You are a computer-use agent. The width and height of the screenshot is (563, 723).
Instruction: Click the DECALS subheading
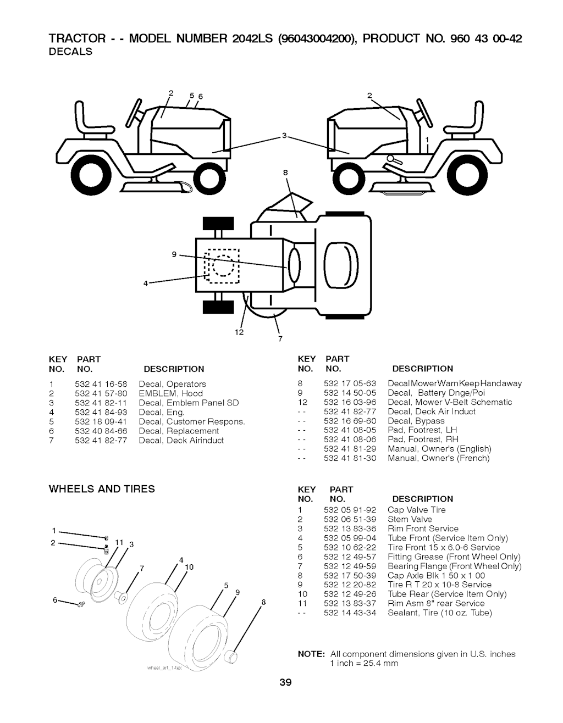(71, 52)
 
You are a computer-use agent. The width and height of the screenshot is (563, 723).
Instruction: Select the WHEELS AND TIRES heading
(102, 489)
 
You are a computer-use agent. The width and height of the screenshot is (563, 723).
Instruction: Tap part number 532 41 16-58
(101, 384)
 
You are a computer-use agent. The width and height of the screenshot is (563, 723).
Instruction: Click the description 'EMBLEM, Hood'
(171, 393)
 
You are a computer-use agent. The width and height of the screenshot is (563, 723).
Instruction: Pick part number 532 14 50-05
(350, 393)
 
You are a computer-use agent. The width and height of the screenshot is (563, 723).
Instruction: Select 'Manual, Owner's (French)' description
(438, 458)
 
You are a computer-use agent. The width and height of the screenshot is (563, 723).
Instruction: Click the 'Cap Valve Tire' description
(417, 510)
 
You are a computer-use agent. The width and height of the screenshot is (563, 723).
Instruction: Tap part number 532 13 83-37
(350, 603)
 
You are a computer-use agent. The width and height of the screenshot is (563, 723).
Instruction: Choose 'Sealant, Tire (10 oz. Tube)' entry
(440, 613)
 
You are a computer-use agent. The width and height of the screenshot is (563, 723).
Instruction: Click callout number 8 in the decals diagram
(285, 173)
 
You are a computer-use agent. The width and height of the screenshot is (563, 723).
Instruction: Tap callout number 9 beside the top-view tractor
(174, 254)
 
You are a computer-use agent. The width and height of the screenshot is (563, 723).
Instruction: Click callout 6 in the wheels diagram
(56, 600)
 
